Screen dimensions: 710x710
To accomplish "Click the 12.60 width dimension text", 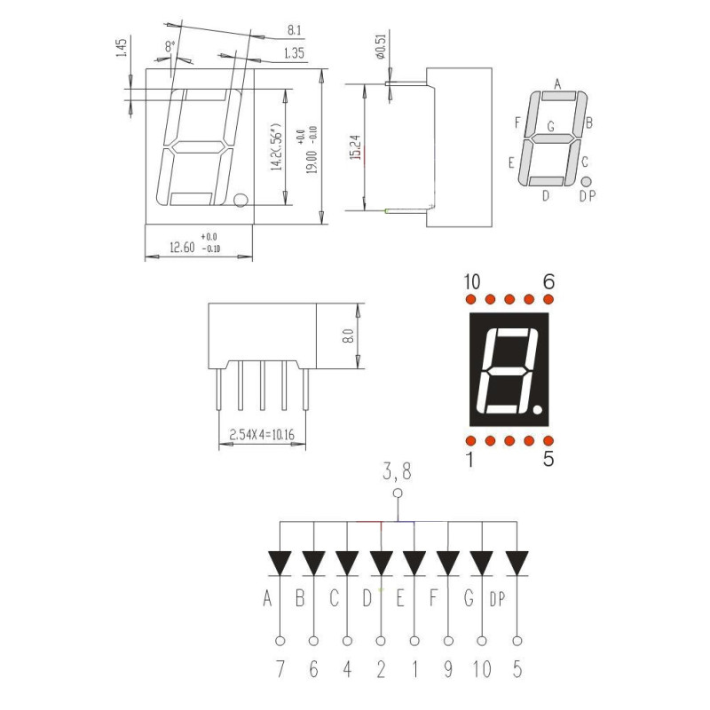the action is coord(182,248).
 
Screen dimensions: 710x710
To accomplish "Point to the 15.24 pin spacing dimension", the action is coord(356,147).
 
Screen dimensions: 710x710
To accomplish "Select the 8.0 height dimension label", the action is coord(348,336).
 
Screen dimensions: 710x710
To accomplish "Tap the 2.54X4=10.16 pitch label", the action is coord(262,435).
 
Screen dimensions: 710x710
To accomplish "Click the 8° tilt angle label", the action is coord(170,46).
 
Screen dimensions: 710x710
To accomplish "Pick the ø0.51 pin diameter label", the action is coord(380,46).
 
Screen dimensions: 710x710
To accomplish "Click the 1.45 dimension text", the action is coord(122,48).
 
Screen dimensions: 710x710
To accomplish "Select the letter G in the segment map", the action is coord(550,126).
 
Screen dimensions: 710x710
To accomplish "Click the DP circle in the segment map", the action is coord(586,182).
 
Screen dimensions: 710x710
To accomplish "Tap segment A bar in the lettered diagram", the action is coord(559,96).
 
